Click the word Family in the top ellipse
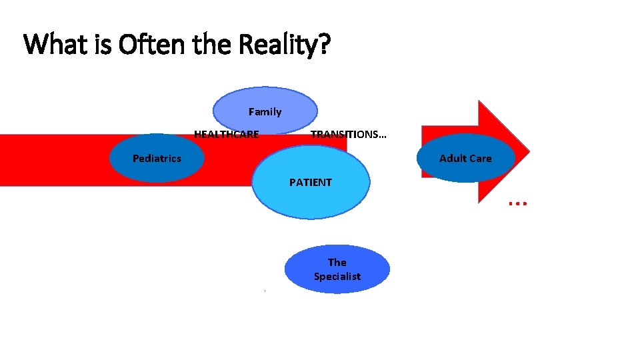coord(265,112)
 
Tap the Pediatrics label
coord(157,159)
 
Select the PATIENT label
coord(310,182)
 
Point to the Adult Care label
coord(465,159)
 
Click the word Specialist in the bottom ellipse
coord(337,277)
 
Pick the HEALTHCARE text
coord(226,135)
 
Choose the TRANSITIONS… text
coord(348,135)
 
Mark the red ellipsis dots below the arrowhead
coord(518,201)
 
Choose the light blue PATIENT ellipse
coord(311,197)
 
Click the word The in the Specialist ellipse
coord(337,263)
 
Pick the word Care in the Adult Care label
coord(480,159)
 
